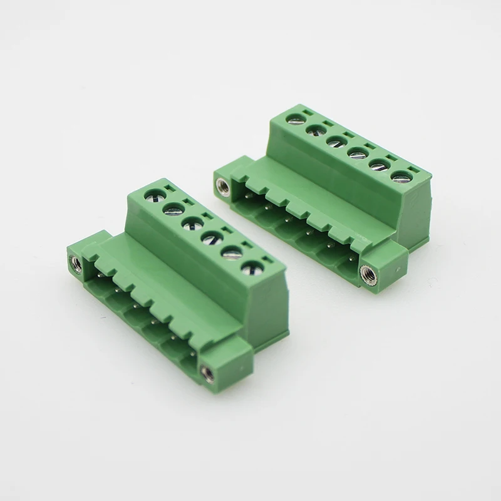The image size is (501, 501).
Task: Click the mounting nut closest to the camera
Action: click(x=207, y=374)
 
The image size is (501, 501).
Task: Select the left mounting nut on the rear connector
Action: click(x=222, y=185)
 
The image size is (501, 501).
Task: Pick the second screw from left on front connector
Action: click(x=172, y=209)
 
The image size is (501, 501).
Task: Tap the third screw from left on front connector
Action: click(x=190, y=224)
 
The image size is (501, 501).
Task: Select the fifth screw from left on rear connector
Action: click(x=378, y=164)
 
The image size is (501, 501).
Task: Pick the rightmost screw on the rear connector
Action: click(x=400, y=177)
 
